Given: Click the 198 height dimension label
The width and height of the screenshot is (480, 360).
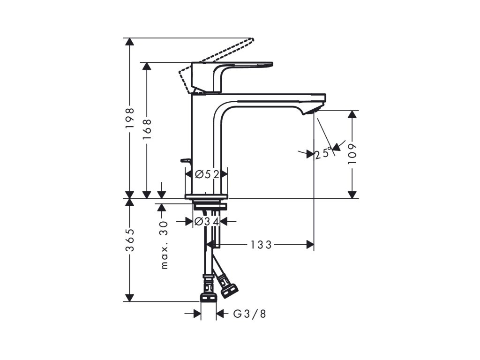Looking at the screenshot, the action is (130, 118).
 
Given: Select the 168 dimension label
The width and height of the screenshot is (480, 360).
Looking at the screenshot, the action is (147, 129).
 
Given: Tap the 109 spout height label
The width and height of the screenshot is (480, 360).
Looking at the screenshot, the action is (352, 153).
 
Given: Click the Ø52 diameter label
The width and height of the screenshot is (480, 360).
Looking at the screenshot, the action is (207, 174).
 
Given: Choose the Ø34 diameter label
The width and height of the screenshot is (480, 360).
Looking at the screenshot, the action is (207, 221).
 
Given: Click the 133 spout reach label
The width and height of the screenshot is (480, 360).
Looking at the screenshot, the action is (261, 245).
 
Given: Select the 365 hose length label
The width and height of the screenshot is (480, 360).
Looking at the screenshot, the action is (130, 240).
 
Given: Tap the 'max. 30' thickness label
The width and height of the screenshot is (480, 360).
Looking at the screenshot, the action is (165, 245).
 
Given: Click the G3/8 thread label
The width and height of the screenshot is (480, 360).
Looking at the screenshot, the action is (249, 314).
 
